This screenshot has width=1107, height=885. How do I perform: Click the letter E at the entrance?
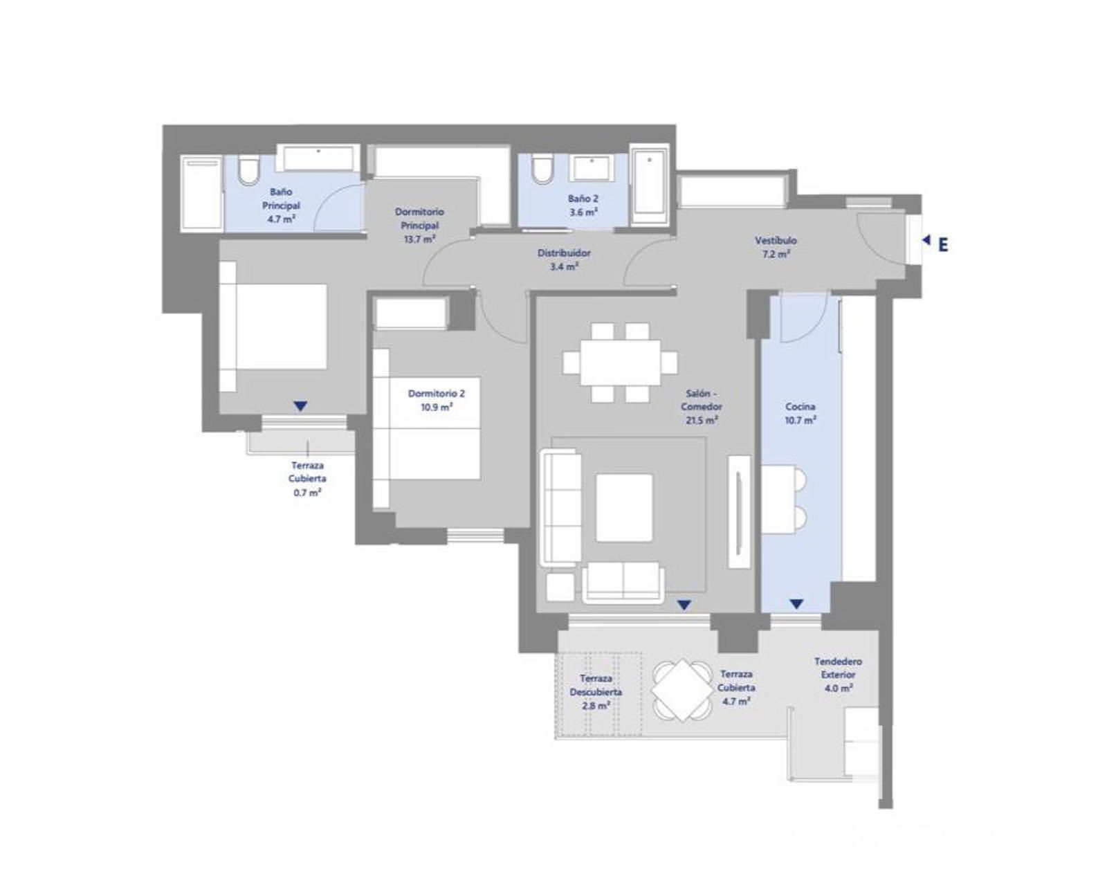pyautogui.click(x=942, y=246)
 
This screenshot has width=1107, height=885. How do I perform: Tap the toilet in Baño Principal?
pyautogui.click(x=248, y=172)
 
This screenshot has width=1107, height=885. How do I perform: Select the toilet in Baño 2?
pyautogui.click(x=541, y=170)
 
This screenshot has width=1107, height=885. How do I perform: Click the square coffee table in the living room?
pyautogui.click(x=624, y=507)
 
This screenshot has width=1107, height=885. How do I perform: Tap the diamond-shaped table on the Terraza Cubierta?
pyautogui.click(x=683, y=690)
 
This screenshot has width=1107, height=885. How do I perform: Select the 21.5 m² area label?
pyautogui.click(x=702, y=420)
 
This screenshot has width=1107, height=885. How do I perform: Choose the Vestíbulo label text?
pyautogui.click(x=776, y=240)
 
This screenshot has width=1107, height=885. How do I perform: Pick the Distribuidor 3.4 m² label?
pyautogui.click(x=564, y=260)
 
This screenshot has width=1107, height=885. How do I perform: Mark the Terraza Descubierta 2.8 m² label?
pyautogui.click(x=596, y=692)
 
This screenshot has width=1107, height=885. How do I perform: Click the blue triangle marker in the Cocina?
pyautogui.click(x=796, y=604)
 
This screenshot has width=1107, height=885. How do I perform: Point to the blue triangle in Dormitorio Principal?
pyautogui.click(x=300, y=406)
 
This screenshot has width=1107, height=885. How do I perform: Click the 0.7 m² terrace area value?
pyautogui.click(x=307, y=493)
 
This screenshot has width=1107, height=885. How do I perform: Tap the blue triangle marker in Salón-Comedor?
pyautogui.click(x=684, y=605)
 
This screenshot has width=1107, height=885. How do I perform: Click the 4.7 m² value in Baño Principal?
pyautogui.click(x=281, y=219)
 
